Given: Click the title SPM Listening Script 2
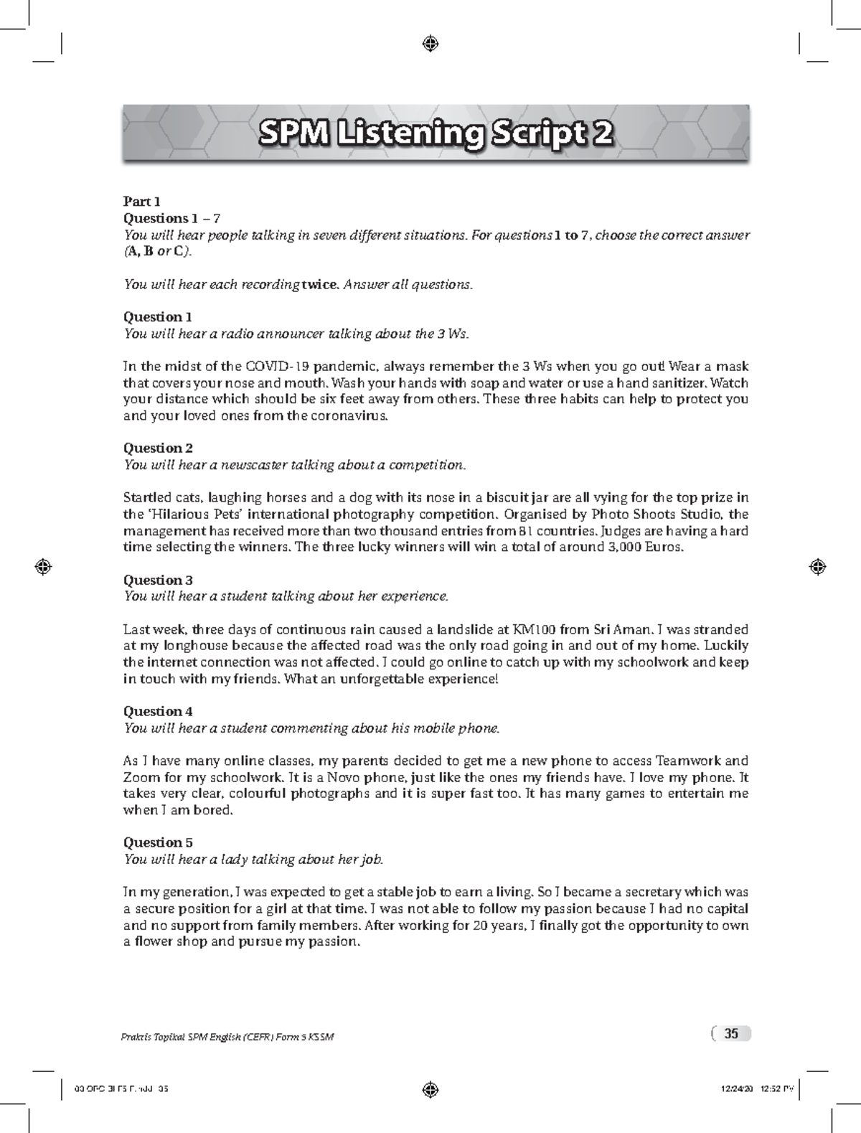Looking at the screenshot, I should (436, 133).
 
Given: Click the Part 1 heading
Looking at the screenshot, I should (141, 202).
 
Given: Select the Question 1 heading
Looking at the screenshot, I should (157, 316).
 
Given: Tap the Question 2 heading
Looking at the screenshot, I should (158, 448).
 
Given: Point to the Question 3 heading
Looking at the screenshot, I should (158, 580).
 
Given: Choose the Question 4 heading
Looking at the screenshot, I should (158, 711).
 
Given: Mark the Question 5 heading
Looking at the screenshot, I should (158, 842).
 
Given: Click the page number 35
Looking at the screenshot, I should (731, 1034).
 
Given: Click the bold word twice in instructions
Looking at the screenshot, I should (319, 284).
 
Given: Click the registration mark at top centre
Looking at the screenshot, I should (430, 44).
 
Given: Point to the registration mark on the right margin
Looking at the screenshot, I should (817, 566).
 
